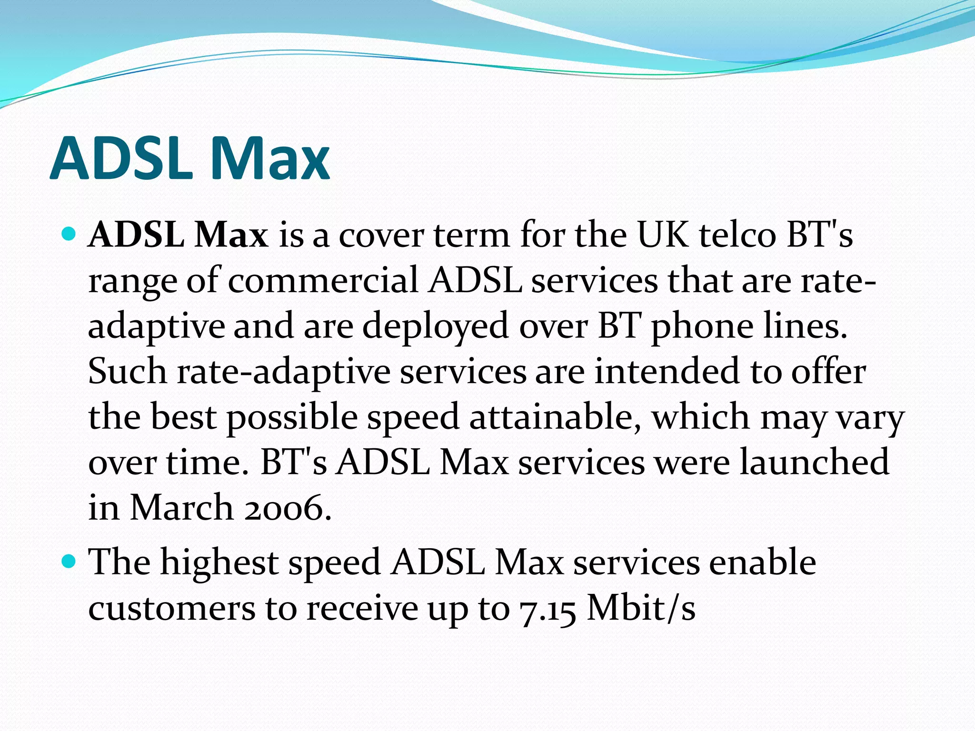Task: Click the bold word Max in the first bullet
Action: pyautogui.click(x=232, y=235)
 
